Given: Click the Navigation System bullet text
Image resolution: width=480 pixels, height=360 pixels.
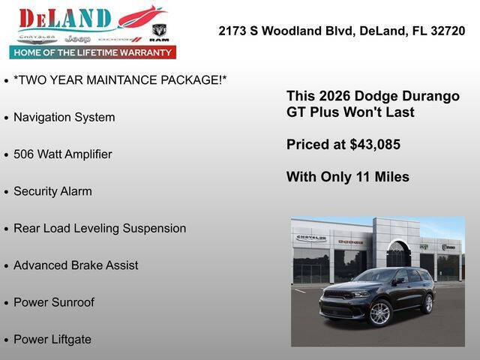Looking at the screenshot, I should point(64,117).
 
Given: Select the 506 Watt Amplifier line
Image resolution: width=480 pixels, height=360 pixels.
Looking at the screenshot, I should point(62,154).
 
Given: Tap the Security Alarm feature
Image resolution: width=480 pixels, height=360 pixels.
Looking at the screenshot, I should point(52,191).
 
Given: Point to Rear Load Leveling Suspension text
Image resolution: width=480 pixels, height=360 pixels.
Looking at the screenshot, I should point(100,228).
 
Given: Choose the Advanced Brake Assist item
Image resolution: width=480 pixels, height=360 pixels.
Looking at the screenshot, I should point(76,265).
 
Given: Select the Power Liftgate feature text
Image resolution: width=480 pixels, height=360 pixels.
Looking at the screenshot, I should point(52,339).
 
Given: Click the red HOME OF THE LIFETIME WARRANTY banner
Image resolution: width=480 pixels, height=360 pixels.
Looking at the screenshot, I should point(93,52).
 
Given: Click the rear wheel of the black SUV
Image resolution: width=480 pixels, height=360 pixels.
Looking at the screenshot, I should point(427,303).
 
